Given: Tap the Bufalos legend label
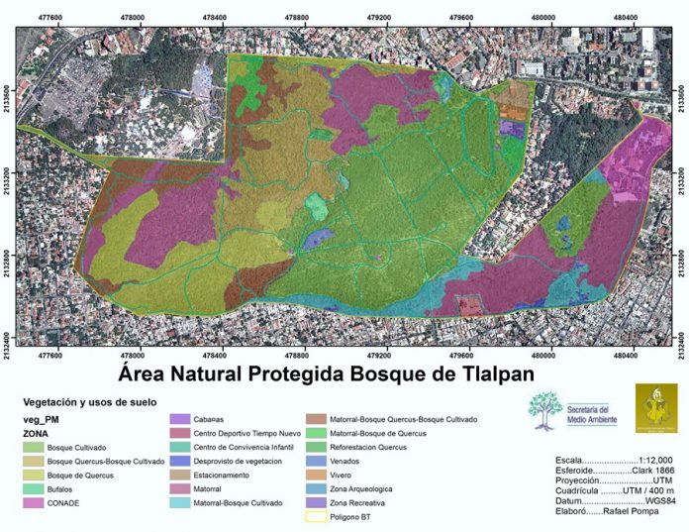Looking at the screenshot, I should point(62,488).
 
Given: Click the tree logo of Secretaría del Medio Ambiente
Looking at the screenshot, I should point(543,410).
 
